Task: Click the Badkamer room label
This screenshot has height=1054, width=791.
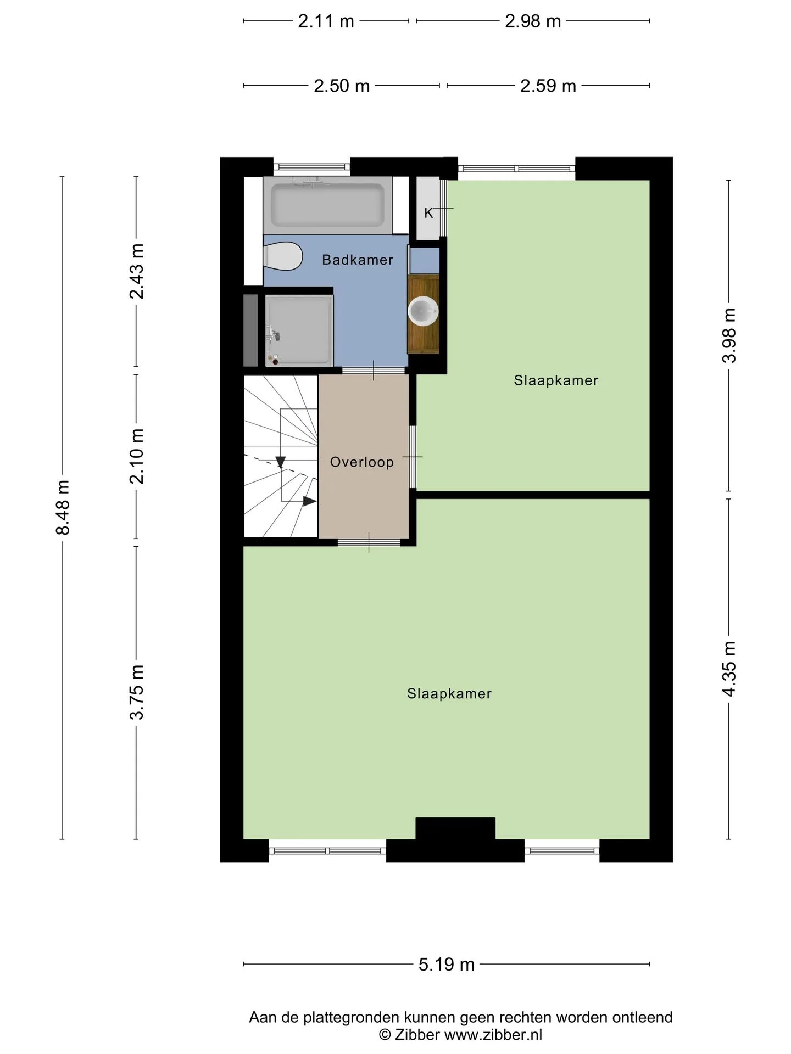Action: coord(358,260)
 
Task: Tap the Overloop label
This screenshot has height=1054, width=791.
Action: coord(362,462)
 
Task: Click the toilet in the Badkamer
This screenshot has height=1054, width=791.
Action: coord(283,256)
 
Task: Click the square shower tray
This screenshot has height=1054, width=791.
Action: coord(299,330)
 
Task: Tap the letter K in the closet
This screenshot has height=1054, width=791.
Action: coord(428,213)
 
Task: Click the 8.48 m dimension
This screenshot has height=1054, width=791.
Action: coord(62,507)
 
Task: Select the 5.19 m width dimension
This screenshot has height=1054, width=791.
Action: coord(447,965)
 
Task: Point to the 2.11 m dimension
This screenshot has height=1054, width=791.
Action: coord(326,21)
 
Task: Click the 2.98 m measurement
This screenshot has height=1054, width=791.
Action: coord(533,21)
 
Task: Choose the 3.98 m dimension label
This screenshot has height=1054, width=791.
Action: coord(729,335)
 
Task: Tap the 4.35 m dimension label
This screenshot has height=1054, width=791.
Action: coord(729,669)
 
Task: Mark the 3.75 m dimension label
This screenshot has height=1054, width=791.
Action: coord(136,692)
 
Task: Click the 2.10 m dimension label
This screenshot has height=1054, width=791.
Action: coord(136,456)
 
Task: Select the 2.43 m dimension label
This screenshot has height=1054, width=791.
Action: coord(136,271)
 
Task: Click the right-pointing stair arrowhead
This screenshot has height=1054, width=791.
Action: coord(310,501)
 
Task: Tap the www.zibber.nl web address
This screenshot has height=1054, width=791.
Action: coord(493,1035)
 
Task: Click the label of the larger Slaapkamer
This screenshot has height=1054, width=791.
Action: coord(449,694)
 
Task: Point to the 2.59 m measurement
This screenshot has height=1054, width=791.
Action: coord(548,86)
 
